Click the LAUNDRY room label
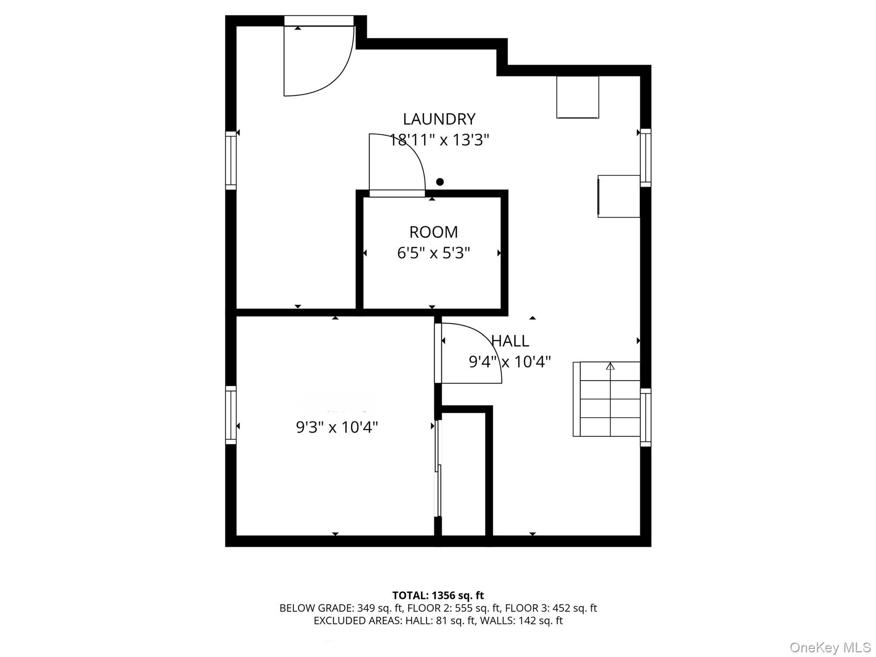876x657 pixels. (x=439, y=119)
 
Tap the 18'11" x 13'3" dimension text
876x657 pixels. (x=439, y=140)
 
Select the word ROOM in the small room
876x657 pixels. (x=433, y=232)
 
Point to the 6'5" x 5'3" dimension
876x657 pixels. (x=433, y=253)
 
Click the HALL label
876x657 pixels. (x=510, y=341)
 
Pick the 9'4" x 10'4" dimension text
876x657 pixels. (x=509, y=362)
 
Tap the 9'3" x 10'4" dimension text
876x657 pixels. (x=337, y=427)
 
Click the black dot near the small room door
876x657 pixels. (x=440, y=182)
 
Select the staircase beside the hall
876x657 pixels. (x=607, y=399)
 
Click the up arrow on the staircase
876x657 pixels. (x=610, y=366)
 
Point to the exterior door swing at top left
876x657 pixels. (x=319, y=60)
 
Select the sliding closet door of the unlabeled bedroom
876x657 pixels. (x=438, y=469)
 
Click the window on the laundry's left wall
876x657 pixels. (x=231, y=160)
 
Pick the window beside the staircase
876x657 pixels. (x=645, y=417)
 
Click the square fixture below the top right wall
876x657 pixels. (x=577, y=97)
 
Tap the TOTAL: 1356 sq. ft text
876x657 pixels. (x=438, y=595)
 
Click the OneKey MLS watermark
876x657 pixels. (x=830, y=647)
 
